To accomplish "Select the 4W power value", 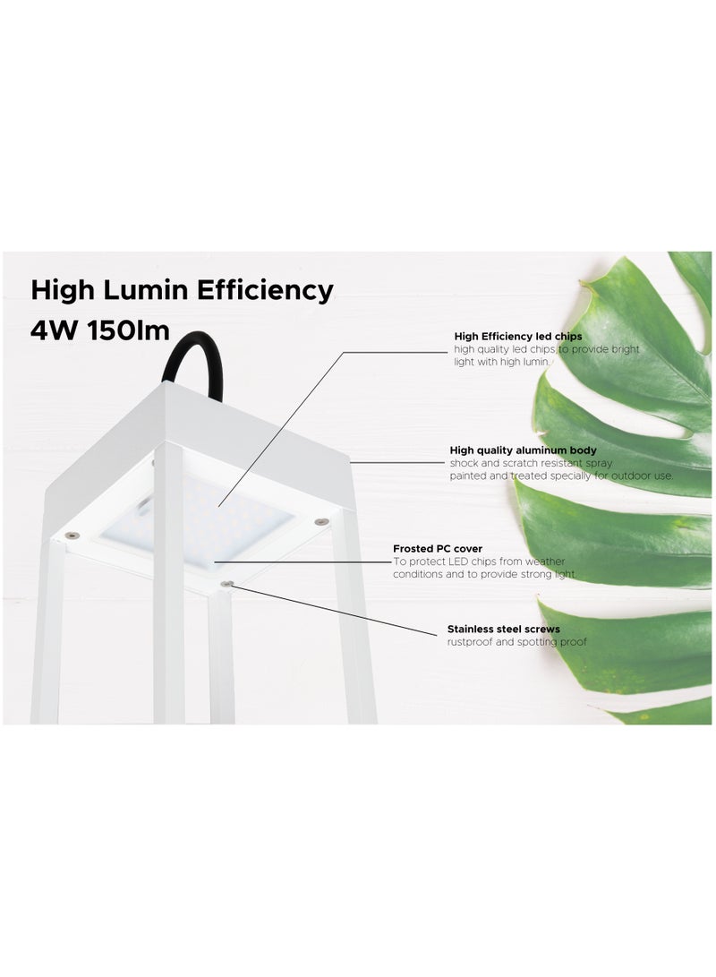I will tap(55, 329).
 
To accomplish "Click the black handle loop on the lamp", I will tap(183, 358).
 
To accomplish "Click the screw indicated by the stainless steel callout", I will tap(231, 584).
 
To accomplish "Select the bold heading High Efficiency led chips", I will tap(517, 337).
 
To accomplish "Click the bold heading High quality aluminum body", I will tap(523, 450).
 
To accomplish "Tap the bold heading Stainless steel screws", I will tap(503, 630).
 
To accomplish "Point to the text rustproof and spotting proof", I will tap(516, 643).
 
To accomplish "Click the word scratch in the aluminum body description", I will tap(513, 463).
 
